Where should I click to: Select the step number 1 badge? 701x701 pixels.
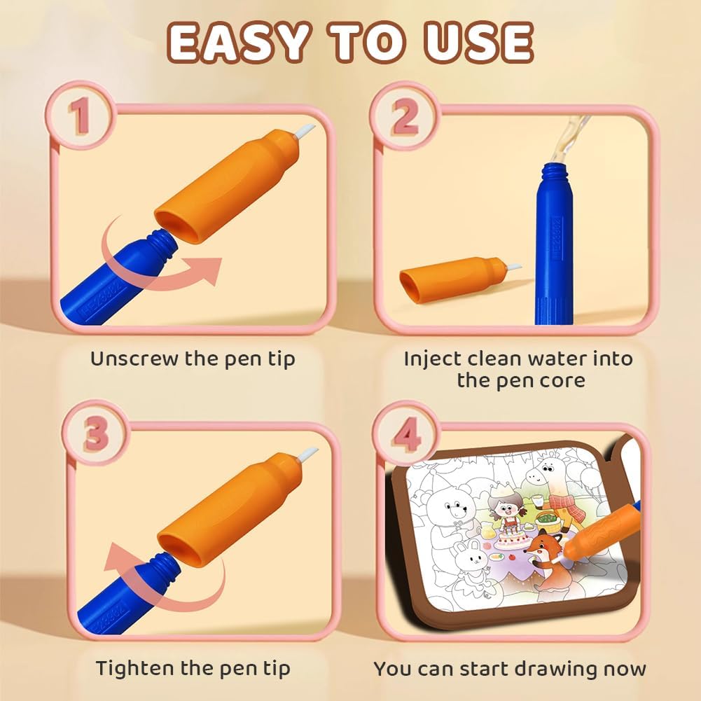click(80, 115)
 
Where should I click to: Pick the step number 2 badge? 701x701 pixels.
click(404, 115)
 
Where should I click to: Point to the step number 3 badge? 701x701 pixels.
click(96, 433)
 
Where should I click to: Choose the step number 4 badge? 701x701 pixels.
click(406, 433)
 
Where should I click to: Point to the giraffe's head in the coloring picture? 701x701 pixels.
click(548, 473)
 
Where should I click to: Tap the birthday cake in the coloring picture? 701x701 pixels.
click(514, 536)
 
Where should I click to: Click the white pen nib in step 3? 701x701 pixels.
click(307, 454)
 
